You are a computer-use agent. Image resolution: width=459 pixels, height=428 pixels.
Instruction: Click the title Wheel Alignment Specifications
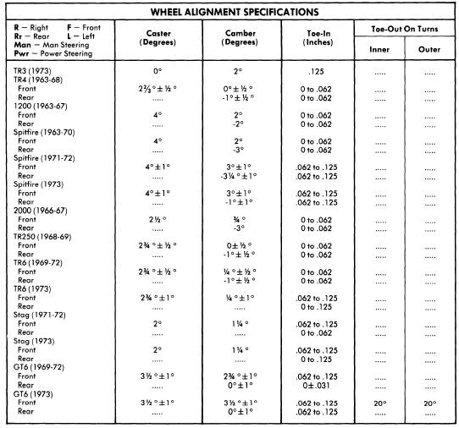point(229,13)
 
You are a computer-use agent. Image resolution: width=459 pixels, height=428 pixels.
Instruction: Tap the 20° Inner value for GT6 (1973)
point(379,403)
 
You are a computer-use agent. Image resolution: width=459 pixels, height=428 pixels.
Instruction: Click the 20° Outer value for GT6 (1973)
point(429,403)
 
